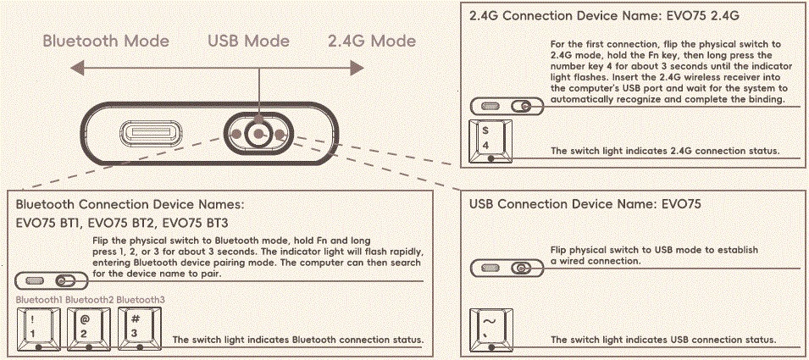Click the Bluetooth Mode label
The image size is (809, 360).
click(105, 41)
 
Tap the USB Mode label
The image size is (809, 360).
click(248, 41)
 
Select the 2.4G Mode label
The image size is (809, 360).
click(372, 41)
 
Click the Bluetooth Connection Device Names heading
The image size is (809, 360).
click(130, 204)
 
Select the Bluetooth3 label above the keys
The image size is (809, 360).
click(140, 300)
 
